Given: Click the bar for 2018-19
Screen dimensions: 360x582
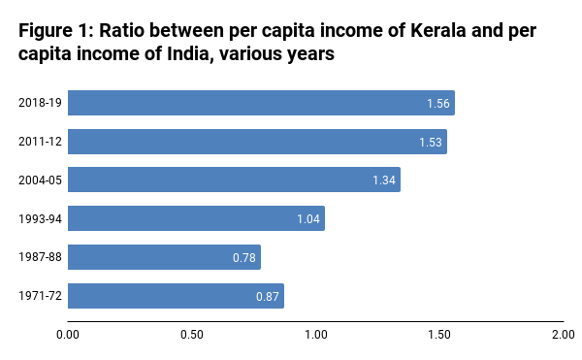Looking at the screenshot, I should tap(260, 103).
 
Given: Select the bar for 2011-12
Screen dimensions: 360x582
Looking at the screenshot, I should tap(257, 142).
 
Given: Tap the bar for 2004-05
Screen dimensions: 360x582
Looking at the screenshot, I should tap(233, 180).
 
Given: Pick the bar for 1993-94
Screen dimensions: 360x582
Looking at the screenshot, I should tap(196, 218).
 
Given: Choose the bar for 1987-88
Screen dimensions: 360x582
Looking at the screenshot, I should tap(164, 257).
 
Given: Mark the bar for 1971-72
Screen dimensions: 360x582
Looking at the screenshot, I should tap(175, 296).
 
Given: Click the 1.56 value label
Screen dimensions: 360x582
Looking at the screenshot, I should tap(438, 104).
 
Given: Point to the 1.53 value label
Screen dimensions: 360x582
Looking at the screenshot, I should tap(431, 143).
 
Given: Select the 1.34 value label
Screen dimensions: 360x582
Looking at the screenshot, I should tap(384, 180).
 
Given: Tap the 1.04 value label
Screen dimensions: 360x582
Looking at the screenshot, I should tap(309, 219).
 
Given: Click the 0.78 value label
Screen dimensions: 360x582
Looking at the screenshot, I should tap(244, 258).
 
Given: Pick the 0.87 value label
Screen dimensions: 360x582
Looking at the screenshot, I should tap(267, 297).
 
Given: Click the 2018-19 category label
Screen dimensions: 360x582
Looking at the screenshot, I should tap(40, 103).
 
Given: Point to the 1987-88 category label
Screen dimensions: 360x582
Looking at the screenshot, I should tap(40, 257).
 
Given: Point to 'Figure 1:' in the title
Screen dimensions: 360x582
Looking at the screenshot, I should tap(54, 32).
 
